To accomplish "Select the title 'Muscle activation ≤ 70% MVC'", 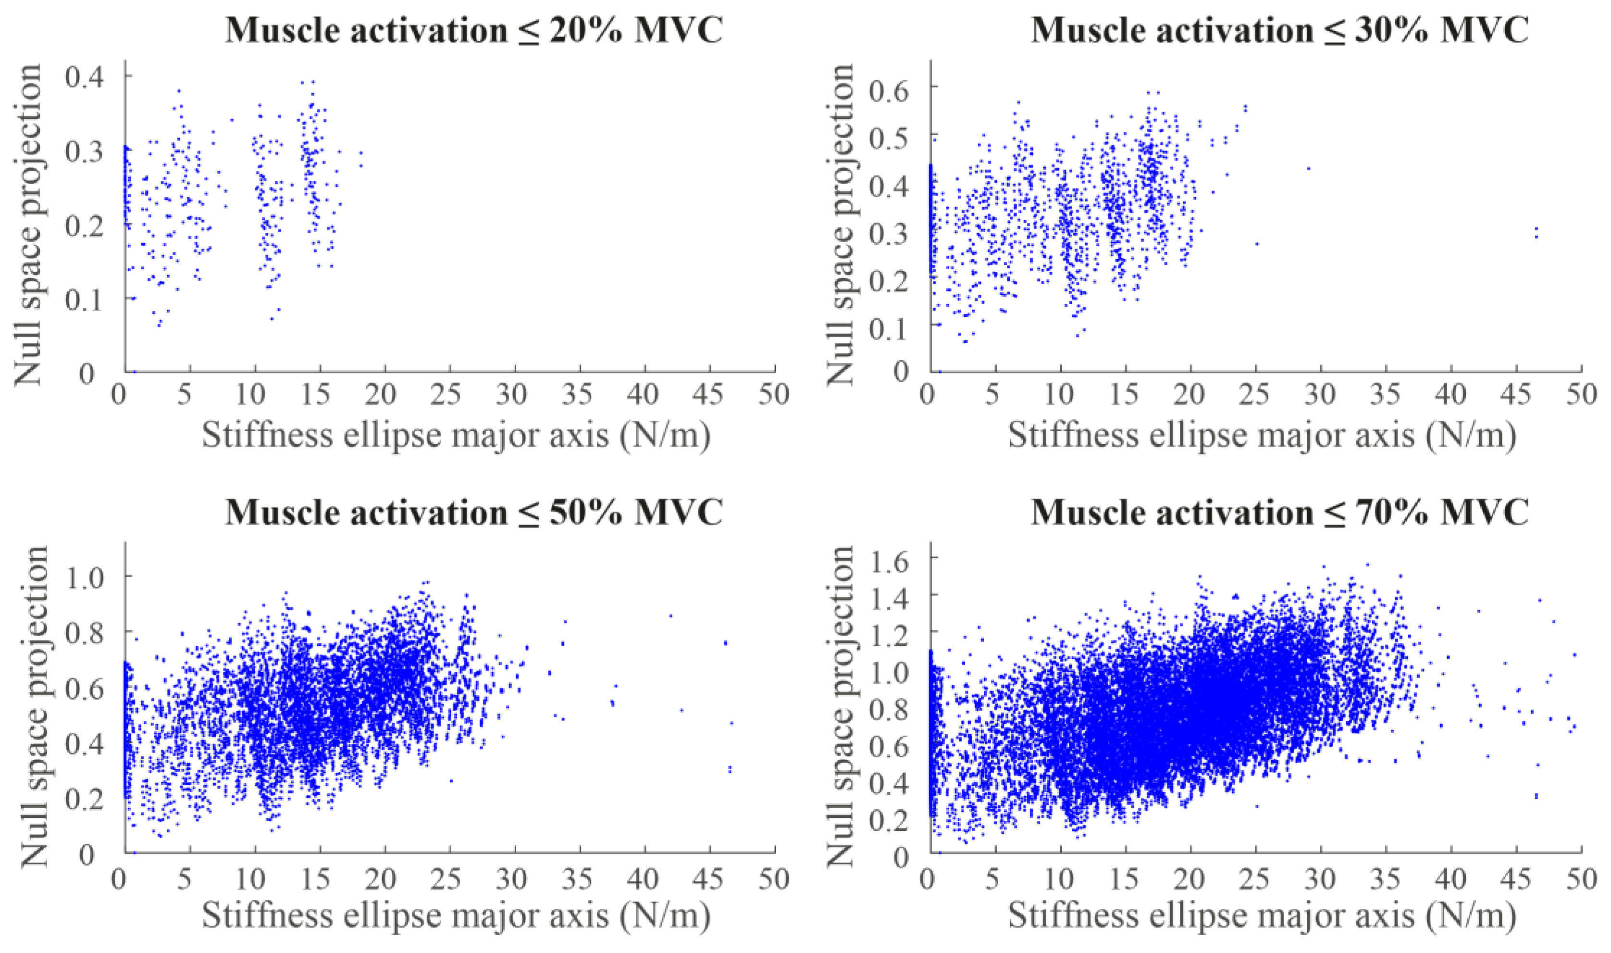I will click(x=1280, y=513).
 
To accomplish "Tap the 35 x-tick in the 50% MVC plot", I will click(x=579, y=878).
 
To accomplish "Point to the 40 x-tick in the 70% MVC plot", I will click(x=1450, y=878).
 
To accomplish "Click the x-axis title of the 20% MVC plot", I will click(x=456, y=436).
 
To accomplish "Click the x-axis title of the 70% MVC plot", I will click(x=1262, y=917).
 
